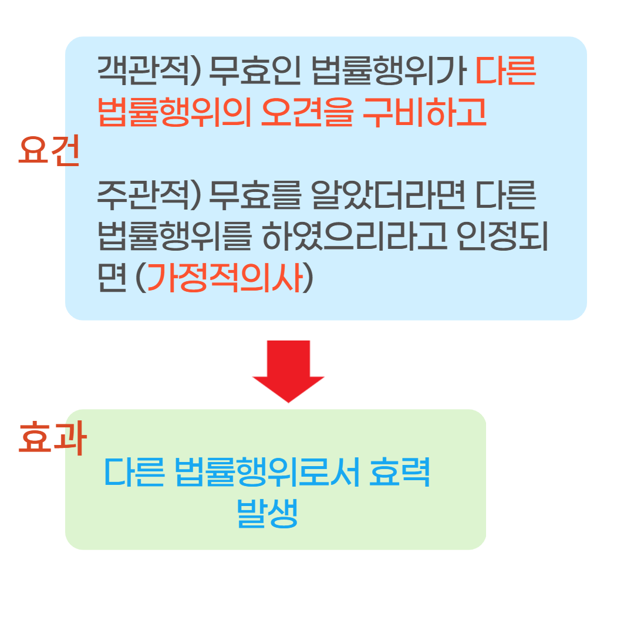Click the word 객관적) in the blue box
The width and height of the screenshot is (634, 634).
pyautogui.click(x=149, y=72)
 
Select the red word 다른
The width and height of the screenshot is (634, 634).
pyautogui.click(x=505, y=72)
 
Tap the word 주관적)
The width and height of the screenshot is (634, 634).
pyautogui.click(x=149, y=195)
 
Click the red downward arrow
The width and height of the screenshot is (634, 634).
pyautogui.click(x=288, y=370)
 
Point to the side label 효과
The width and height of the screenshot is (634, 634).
pyautogui.click(x=52, y=439)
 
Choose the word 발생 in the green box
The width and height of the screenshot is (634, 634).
pyautogui.click(x=267, y=514)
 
